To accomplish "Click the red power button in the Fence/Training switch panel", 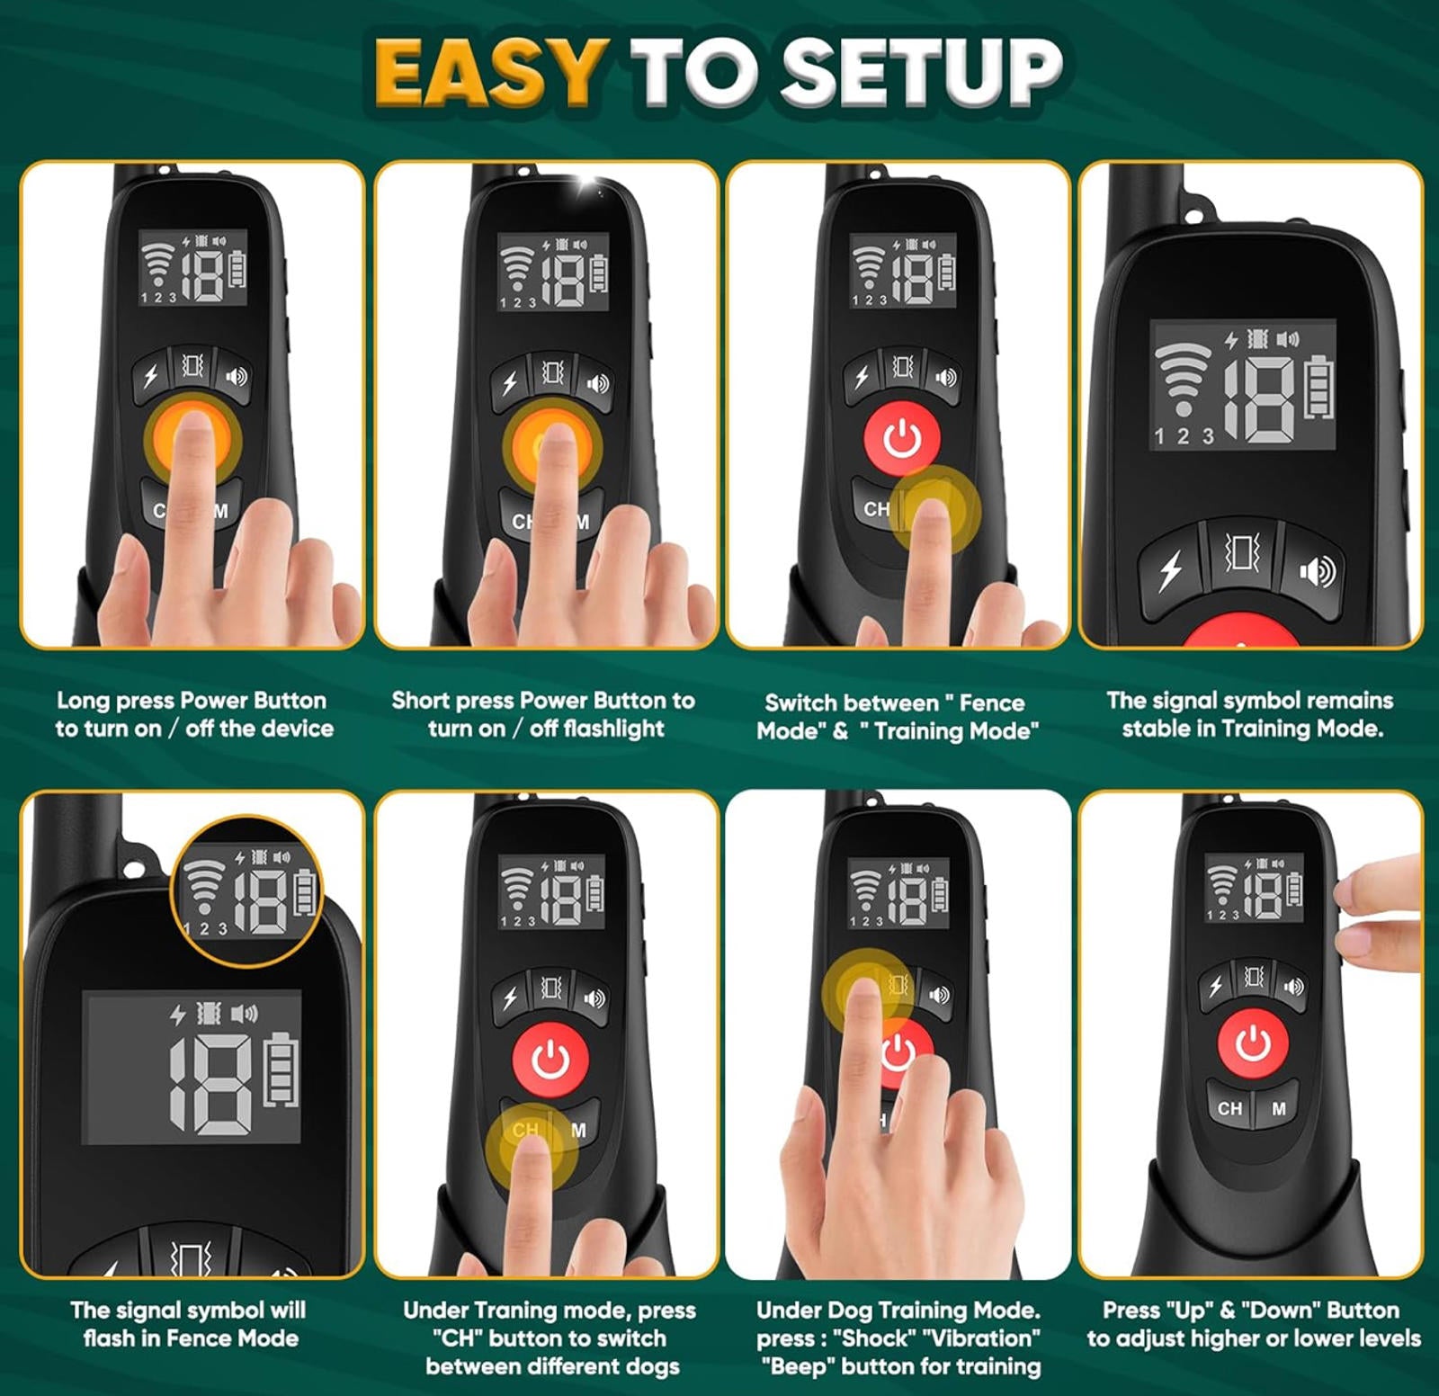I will coord(902,438).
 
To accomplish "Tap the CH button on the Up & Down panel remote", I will coord(1229,1109).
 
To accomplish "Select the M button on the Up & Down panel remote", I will coord(1278,1109).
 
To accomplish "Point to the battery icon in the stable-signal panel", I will coord(1319,388).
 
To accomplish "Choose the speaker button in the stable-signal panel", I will coord(1317,570).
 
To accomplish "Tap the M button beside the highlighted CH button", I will coord(578,1131).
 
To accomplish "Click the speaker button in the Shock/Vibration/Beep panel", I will coord(938,995).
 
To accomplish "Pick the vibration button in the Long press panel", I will coord(192,365).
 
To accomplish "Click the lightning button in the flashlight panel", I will coord(509,383).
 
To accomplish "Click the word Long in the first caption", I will coord(83,701).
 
